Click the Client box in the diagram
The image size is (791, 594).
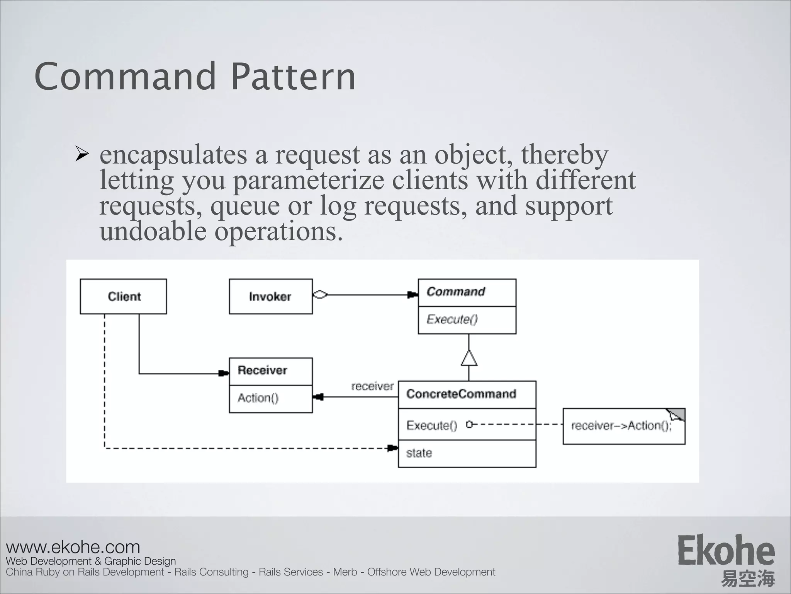pos(124,297)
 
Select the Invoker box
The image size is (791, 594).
pos(270,297)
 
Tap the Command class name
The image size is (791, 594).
pos(456,292)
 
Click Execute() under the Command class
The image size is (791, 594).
pos(452,319)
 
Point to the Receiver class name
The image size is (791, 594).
pos(262,370)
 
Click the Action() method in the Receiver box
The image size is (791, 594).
pos(258,398)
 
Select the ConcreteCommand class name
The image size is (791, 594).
pos(461,394)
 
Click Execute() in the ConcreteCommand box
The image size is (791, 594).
pos(432,425)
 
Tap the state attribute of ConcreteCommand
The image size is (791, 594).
pos(419,453)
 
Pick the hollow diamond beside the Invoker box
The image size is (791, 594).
pos(320,295)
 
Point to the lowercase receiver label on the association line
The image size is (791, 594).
pos(372,386)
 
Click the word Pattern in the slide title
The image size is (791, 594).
pos(293,77)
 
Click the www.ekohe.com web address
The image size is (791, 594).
pos(73,547)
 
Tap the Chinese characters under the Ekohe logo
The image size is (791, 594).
pos(748,578)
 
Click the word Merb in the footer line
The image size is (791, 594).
pos(345,572)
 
